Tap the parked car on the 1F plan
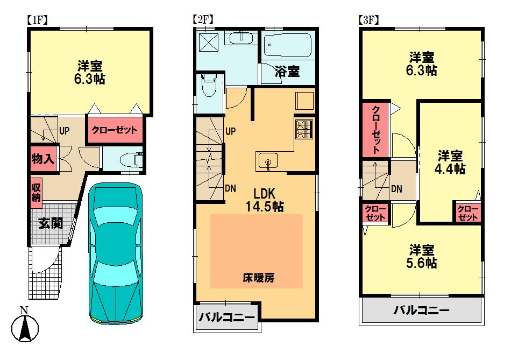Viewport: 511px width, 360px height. pos(117,253)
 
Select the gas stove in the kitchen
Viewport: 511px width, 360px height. pos(304,130)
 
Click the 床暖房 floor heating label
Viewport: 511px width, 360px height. pos(259,278)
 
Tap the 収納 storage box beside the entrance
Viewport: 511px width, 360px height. pos(36,191)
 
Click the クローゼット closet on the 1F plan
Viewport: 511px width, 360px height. pos(114,130)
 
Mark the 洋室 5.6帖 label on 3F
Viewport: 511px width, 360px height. pos(422,257)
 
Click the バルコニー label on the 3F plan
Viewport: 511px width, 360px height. pos(421,310)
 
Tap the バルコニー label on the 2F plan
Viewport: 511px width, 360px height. pos(226,317)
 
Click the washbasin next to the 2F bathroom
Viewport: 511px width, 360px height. pos(240,38)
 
